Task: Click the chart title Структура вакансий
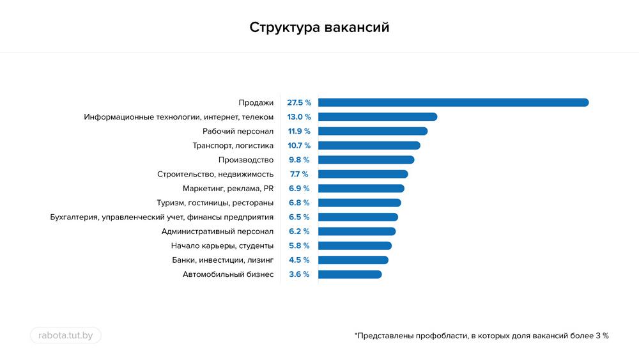click(x=319, y=27)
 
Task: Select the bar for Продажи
click(x=453, y=102)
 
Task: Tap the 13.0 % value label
click(x=299, y=117)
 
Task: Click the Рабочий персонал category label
click(x=238, y=131)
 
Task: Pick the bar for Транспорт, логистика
click(x=369, y=146)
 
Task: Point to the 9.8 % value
click(x=299, y=160)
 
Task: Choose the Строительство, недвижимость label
click(x=215, y=174)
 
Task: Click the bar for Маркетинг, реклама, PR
click(x=361, y=189)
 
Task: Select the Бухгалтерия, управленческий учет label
click(x=162, y=217)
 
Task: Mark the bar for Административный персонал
click(x=357, y=231)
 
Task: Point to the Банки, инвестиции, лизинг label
click(x=222, y=260)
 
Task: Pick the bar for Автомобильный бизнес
click(x=350, y=274)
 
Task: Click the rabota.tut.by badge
click(x=66, y=335)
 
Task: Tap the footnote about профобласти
click(x=481, y=335)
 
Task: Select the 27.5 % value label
click(x=299, y=102)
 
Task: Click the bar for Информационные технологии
click(x=377, y=117)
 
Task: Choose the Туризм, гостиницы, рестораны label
click(x=215, y=203)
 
